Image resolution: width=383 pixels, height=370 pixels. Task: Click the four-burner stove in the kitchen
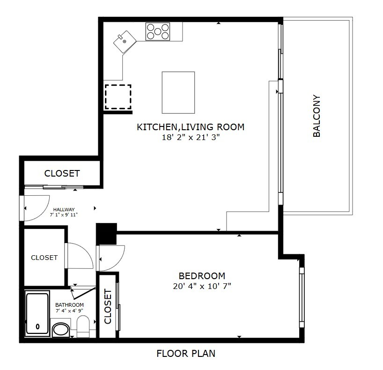tap(158, 31)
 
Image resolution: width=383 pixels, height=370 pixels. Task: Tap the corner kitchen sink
tap(125, 40)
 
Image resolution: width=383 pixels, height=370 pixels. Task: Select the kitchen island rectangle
tap(178, 92)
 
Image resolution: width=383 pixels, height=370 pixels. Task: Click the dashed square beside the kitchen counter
tap(118, 97)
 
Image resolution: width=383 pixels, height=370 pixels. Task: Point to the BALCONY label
tap(317, 116)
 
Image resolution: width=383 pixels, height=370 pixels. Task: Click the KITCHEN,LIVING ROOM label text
tap(190, 127)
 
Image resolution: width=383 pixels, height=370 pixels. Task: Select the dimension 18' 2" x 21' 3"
tap(190, 138)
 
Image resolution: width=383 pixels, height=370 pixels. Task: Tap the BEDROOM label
tap(202, 276)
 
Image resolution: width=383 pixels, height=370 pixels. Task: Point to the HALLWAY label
tap(64, 209)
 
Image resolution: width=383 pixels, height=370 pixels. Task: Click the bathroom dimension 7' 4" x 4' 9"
tap(69, 311)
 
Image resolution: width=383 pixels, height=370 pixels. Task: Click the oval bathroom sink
tap(60, 329)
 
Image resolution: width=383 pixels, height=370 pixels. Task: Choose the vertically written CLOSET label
tap(108, 307)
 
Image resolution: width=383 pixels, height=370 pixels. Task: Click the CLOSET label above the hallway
tap(62, 173)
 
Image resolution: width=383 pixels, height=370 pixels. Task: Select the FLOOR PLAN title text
tap(185, 354)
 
